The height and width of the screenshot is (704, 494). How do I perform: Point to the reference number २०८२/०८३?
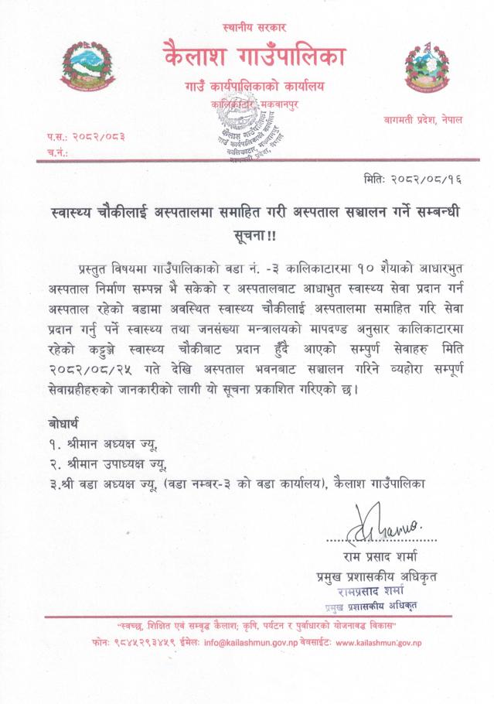click(x=96, y=136)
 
